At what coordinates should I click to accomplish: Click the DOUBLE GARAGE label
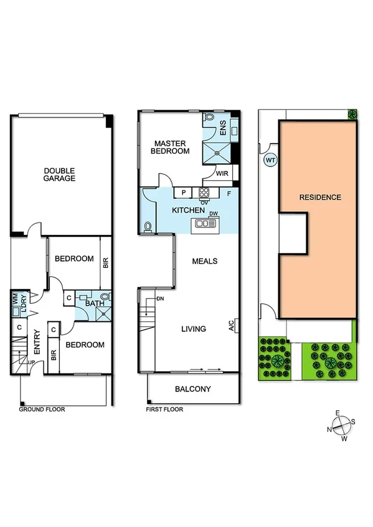[x=59, y=175]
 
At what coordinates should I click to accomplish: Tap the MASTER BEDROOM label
[x=172, y=147]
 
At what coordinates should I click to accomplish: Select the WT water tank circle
[x=270, y=160]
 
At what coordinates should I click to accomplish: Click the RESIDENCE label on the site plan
[x=320, y=198]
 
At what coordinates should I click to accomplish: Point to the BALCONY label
[x=193, y=390]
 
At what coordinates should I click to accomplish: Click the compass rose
[x=341, y=426]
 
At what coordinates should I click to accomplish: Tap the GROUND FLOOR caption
[x=42, y=410]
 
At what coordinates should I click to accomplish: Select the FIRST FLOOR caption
[x=163, y=410]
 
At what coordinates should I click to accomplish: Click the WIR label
[x=222, y=174]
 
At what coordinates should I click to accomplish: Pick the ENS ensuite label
[x=223, y=127]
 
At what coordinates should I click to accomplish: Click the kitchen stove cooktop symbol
[x=204, y=191]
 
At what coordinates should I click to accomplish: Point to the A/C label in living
[x=231, y=326]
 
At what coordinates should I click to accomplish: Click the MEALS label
[x=205, y=261]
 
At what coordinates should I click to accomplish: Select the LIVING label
[x=194, y=329]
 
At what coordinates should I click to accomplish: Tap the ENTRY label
[x=37, y=342]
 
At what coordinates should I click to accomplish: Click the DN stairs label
[x=160, y=299]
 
